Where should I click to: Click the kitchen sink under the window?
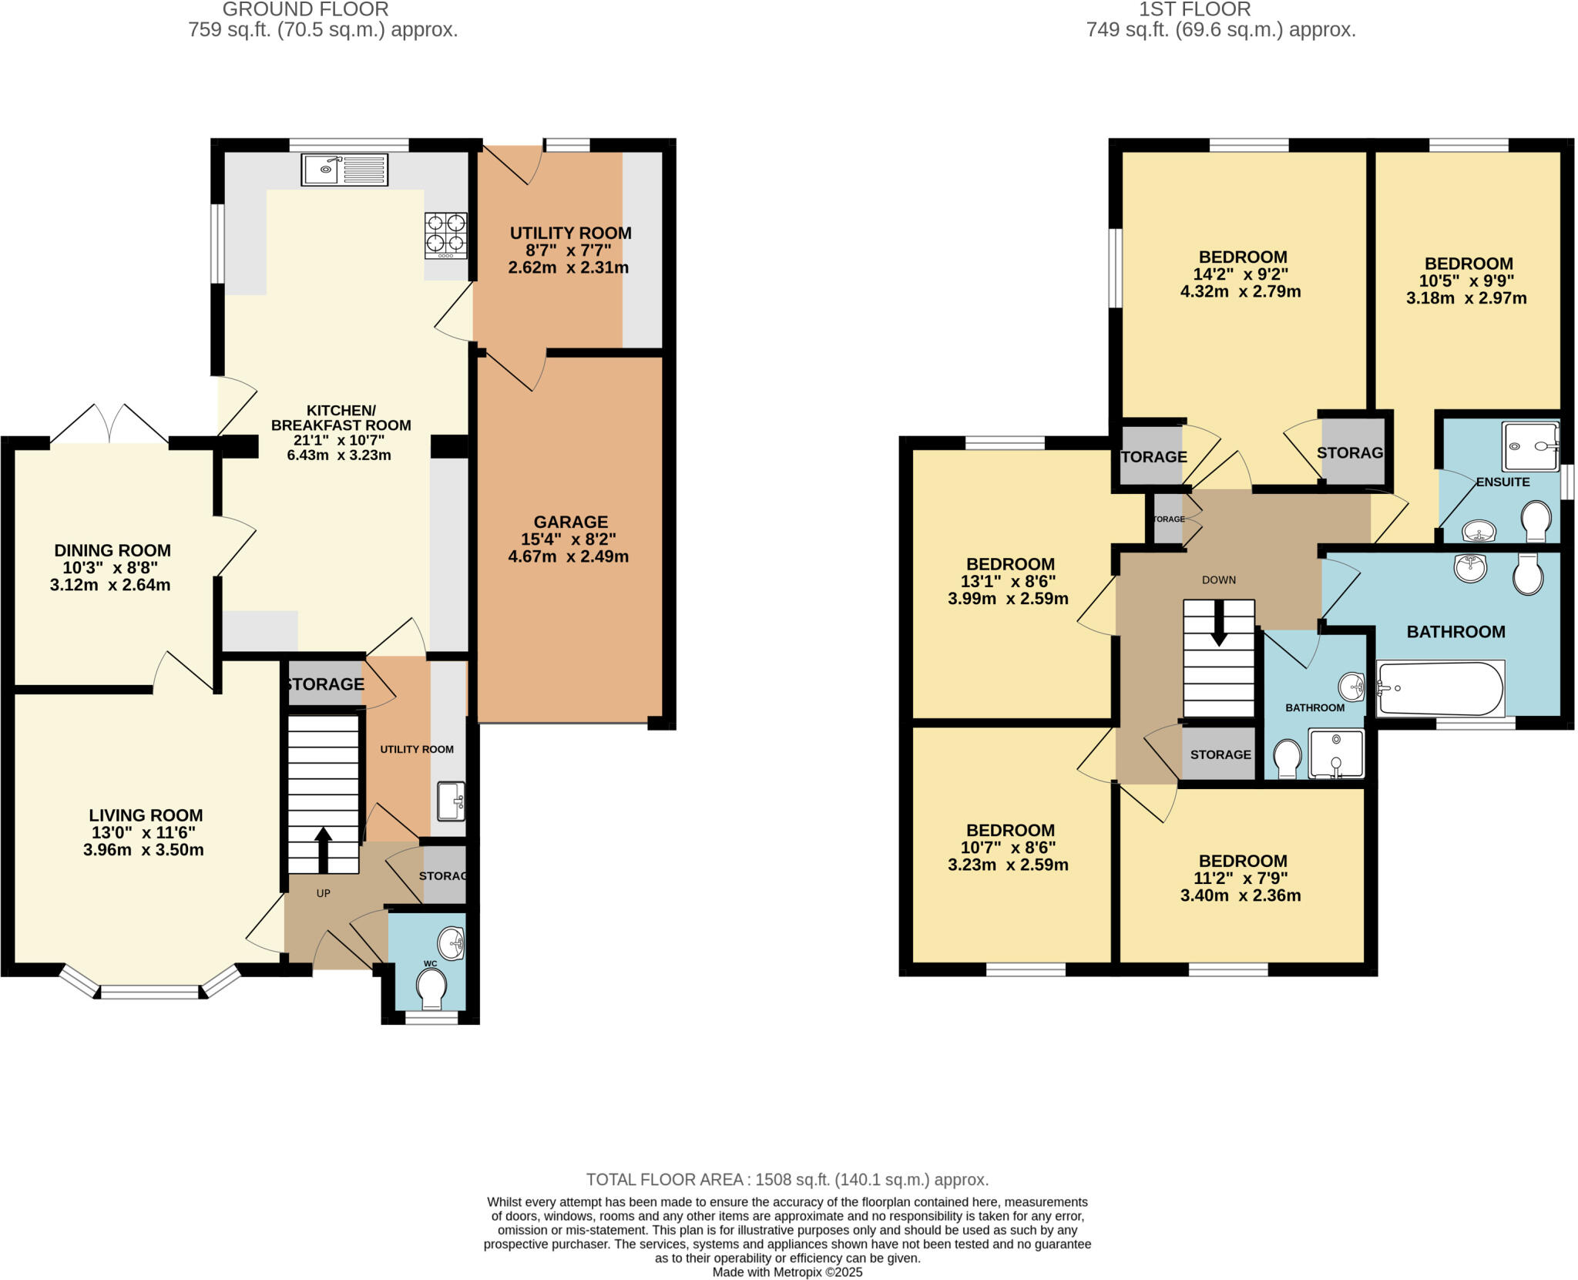(x=344, y=170)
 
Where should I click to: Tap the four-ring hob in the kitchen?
(x=446, y=235)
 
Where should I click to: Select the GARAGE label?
(x=570, y=522)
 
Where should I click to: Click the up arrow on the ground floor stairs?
(x=323, y=848)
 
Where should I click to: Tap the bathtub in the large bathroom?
(x=1439, y=688)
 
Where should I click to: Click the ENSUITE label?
(x=1502, y=482)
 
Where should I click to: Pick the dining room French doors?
(x=109, y=424)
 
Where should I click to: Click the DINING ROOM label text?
(x=112, y=550)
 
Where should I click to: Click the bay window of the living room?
(x=150, y=990)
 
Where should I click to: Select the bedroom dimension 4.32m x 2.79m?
(x=1241, y=291)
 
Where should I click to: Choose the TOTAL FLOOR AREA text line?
(x=787, y=1179)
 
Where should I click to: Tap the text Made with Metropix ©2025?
(x=787, y=1272)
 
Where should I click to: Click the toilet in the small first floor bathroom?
(x=1285, y=758)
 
